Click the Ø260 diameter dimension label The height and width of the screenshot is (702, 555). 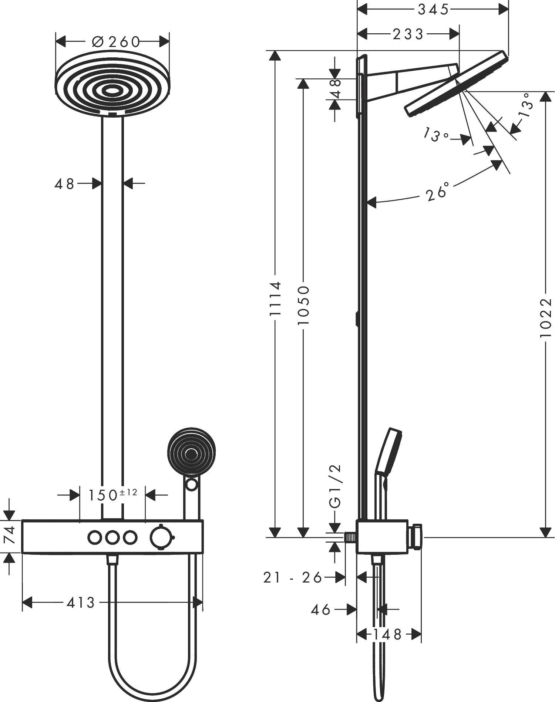point(115,42)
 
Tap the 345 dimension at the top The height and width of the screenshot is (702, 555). point(433,10)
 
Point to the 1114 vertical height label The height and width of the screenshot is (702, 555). point(275,298)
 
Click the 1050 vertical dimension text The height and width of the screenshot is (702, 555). point(303,305)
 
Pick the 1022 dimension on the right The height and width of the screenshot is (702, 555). point(545,317)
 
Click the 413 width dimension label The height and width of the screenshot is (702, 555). point(81,603)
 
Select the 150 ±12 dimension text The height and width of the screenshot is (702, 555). point(112,495)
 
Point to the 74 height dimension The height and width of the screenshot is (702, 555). point(10,535)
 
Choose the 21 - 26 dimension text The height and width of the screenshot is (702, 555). point(292,577)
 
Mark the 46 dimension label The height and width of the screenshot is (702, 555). point(320,609)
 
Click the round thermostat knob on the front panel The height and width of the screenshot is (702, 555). point(161,537)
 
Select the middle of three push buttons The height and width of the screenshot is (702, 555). point(112,537)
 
